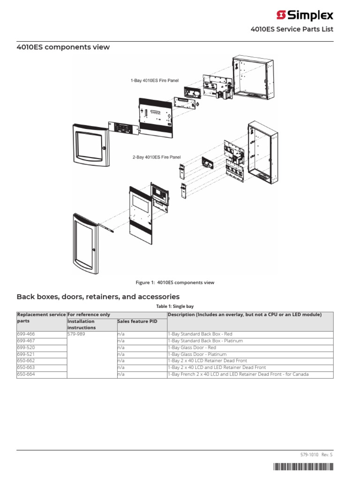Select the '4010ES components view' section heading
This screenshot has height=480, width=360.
[x=63, y=47]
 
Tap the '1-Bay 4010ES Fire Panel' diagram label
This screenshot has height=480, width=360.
[x=154, y=81]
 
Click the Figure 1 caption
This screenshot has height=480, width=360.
[x=175, y=283]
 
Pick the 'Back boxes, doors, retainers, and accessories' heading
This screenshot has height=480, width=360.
[x=98, y=297]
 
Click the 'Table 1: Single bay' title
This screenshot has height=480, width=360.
[x=175, y=306]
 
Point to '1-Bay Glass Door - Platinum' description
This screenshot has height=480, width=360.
[x=197, y=354]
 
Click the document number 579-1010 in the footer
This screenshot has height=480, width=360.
[x=309, y=455]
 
